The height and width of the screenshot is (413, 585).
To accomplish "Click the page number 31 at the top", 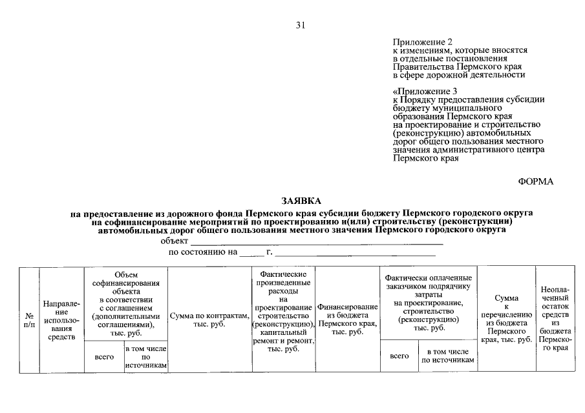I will click(300, 26).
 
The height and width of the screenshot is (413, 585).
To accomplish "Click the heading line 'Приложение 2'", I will click(421, 41).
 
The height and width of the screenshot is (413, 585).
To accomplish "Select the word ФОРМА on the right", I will click(536, 182).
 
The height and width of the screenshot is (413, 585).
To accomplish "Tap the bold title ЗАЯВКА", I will click(301, 201).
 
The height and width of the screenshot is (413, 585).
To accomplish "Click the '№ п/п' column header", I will click(29, 321).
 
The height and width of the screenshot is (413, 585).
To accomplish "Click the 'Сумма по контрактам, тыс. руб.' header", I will click(209, 320).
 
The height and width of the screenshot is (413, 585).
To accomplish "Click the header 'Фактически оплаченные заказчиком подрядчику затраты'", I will click(429, 303).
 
